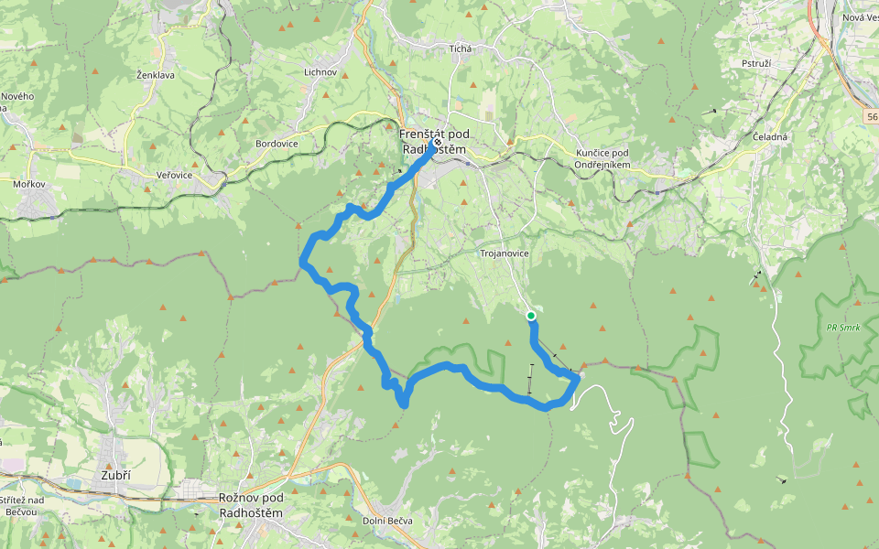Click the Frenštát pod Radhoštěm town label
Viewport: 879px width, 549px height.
[x=433, y=142]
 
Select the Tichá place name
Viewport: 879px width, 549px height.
[x=460, y=48]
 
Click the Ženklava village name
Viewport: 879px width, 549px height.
[x=155, y=74]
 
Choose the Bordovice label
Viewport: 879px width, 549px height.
[x=277, y=144]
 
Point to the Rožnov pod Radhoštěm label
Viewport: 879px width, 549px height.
[x=251, y=505]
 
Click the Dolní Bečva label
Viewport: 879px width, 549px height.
[x=396, y=521]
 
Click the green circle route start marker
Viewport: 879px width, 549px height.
[x=531, y=316]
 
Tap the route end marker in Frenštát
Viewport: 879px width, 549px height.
[x=438, y=143]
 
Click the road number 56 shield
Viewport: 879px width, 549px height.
[x=871, y=116]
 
